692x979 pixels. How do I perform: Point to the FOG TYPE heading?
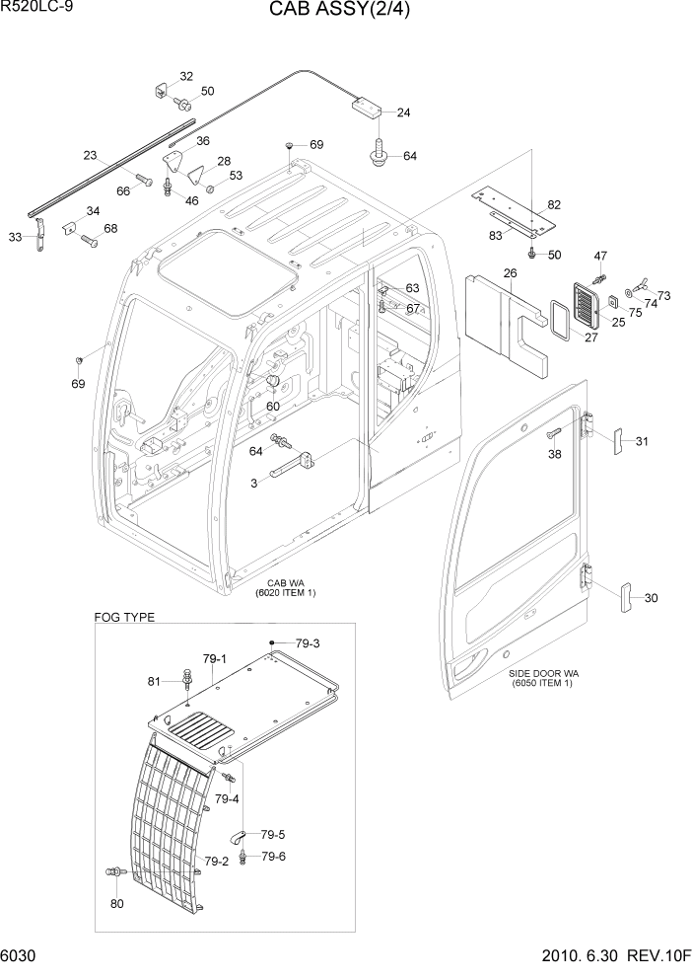coord(124,617)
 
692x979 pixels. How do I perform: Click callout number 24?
coord(403,113)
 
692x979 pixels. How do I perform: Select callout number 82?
coord(554,204)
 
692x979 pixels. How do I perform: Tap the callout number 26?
coord(510,273)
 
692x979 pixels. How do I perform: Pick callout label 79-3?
coord(307,643)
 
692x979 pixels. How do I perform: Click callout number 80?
coord(117,903)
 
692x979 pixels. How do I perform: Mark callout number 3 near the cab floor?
coord(253,482)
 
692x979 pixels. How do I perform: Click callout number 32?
coord(185,76)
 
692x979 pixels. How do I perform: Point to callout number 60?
coord(273,406)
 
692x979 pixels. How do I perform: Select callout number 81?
coord(154,681)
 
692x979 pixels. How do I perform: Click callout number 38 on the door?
coord(555,456)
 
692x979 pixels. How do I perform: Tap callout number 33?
coord(15,237)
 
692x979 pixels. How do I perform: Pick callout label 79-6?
coord(274,856)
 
